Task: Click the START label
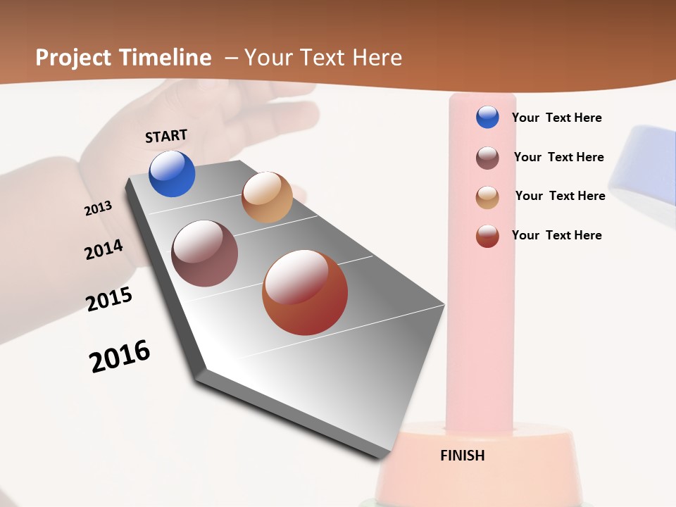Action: (x=166, y=136)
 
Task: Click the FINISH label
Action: (x=463, y=456)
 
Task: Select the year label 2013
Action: (x=99, y=208)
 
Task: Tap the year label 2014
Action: (x=104, y=249)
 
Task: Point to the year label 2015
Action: (x=109, y=299)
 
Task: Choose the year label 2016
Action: (x=120, y=356)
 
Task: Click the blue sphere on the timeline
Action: (x=172, y=174)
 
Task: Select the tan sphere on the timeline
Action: (x=267, y=197)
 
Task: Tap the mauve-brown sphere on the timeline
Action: (x=205, y=254)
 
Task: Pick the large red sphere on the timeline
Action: (x=305, y=292)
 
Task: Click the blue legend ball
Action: (x=487, y=117)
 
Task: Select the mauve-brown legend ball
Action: (x=487, y=158)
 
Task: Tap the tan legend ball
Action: (x=487, y=197)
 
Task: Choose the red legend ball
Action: (x=487, y=236)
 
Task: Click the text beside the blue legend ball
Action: (x=556, y=118)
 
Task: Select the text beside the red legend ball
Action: (x=556, y=235)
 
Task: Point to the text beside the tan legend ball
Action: (x=560, y=196)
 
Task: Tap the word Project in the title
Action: (x=73, y=58)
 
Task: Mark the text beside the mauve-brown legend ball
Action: (x=558, y=157)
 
